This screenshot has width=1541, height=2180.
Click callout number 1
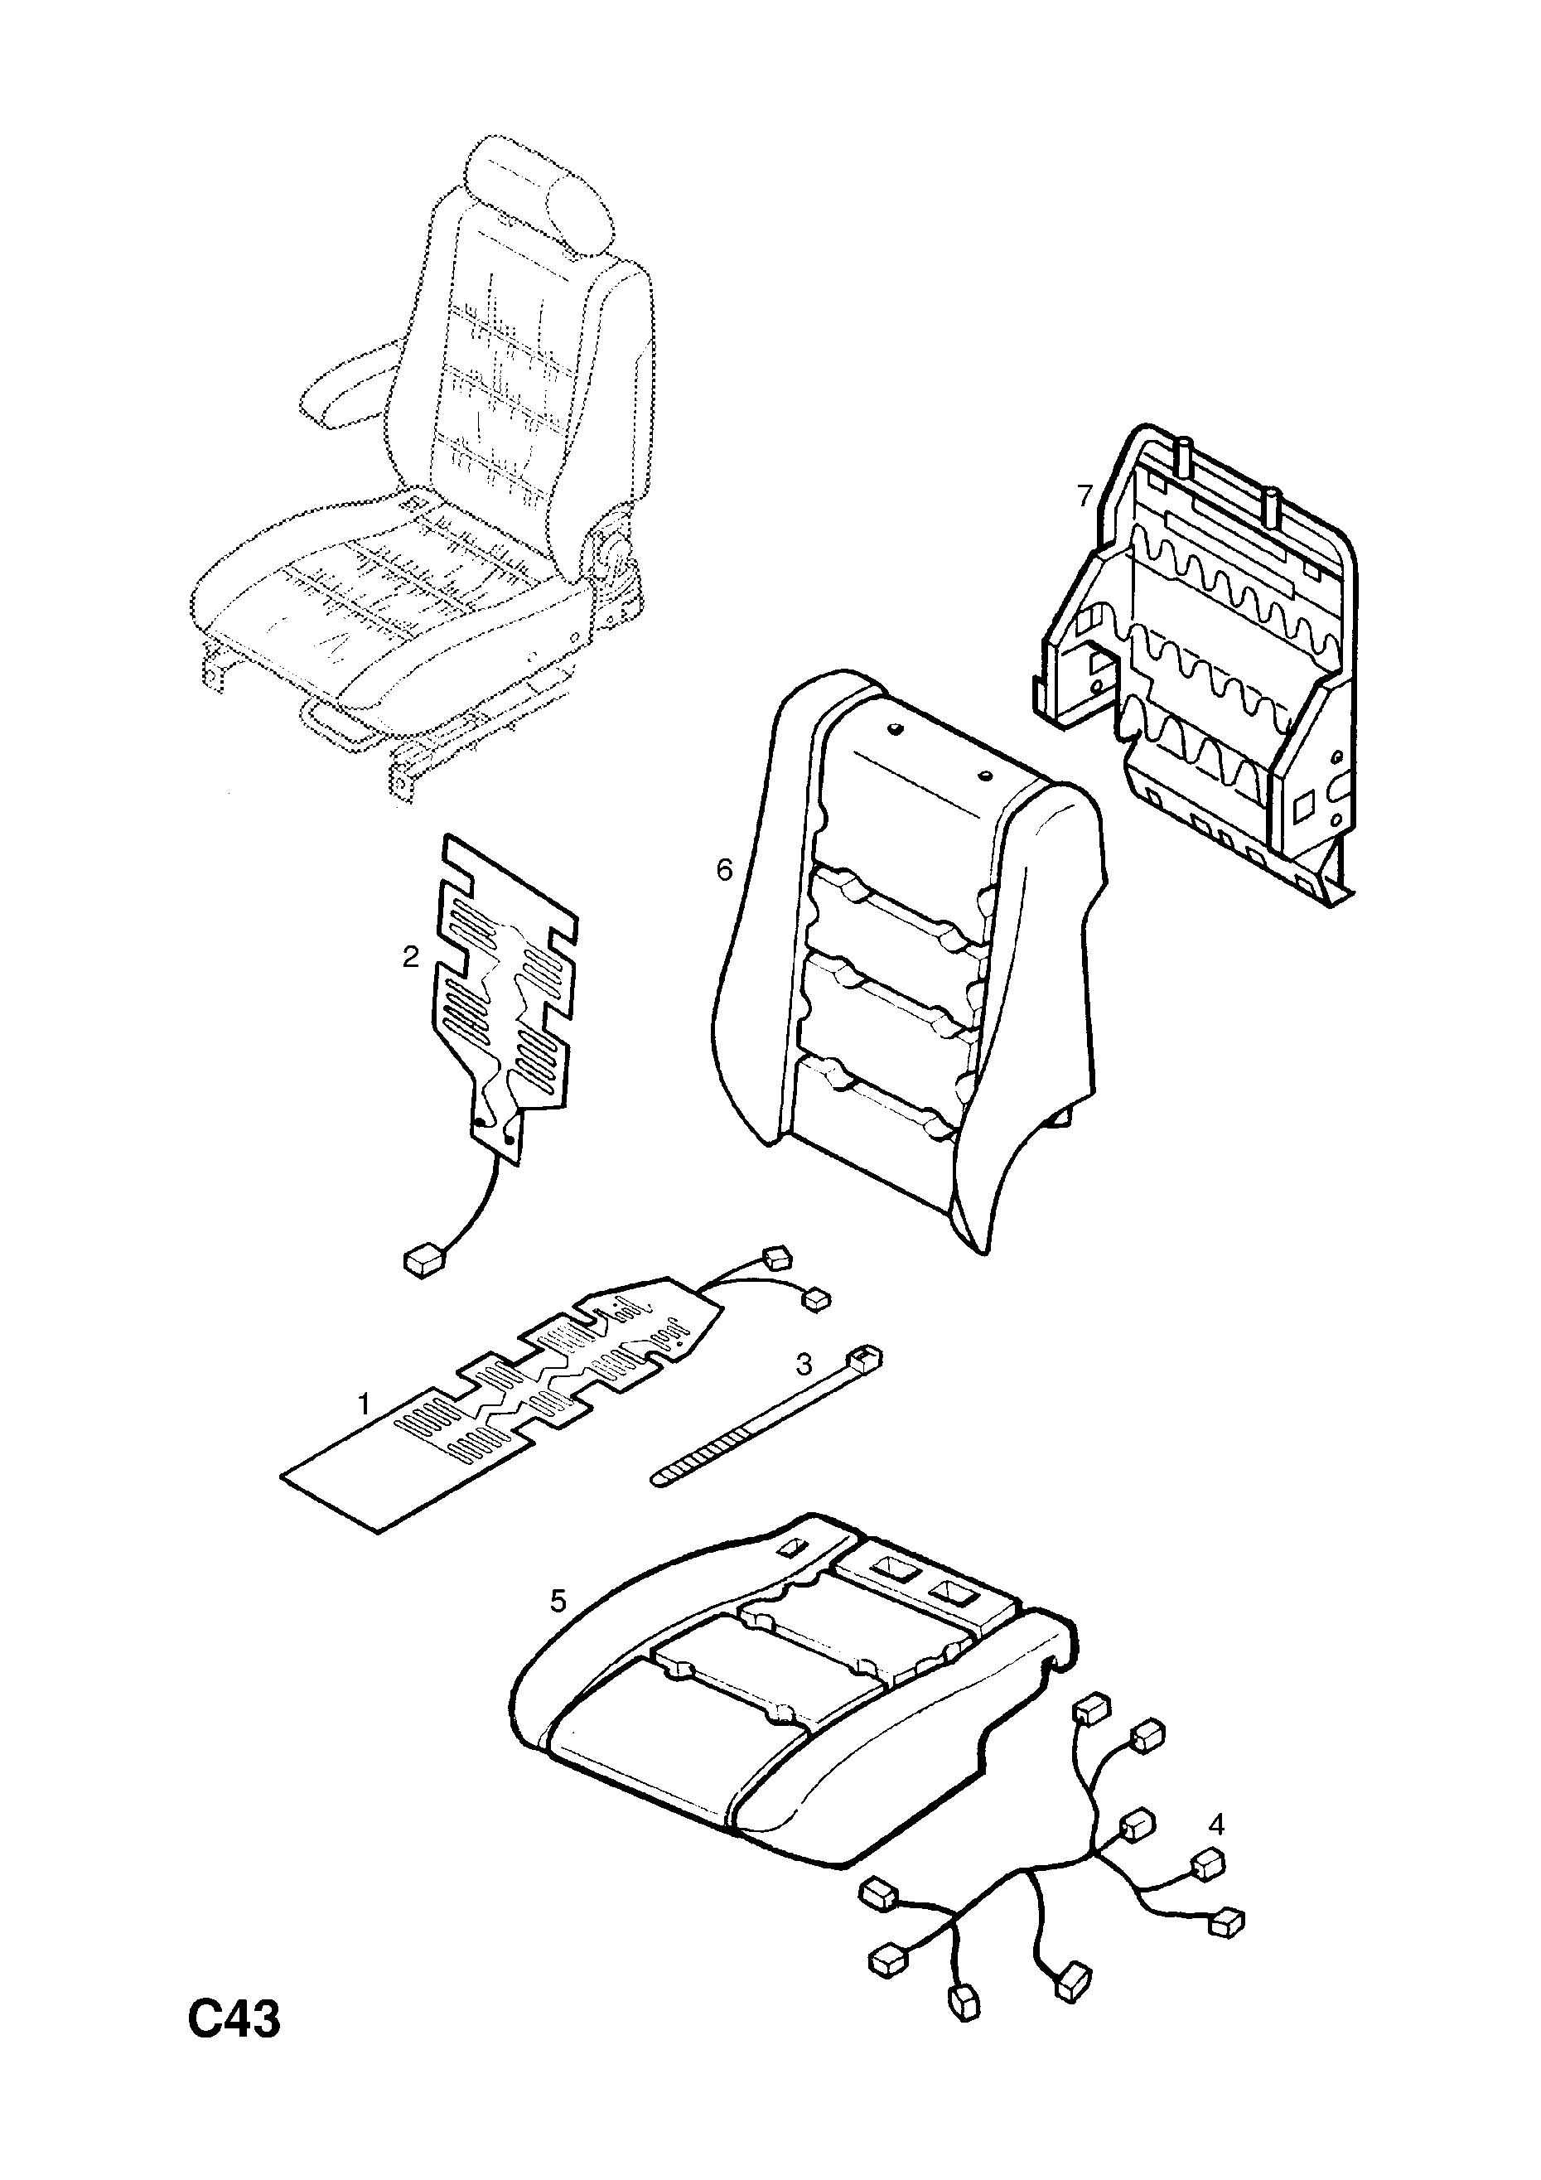362,1403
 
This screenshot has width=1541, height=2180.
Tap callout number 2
410,957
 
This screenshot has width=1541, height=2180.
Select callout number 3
804,1365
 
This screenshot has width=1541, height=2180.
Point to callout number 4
1216,1823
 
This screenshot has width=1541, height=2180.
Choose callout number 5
558,1601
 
